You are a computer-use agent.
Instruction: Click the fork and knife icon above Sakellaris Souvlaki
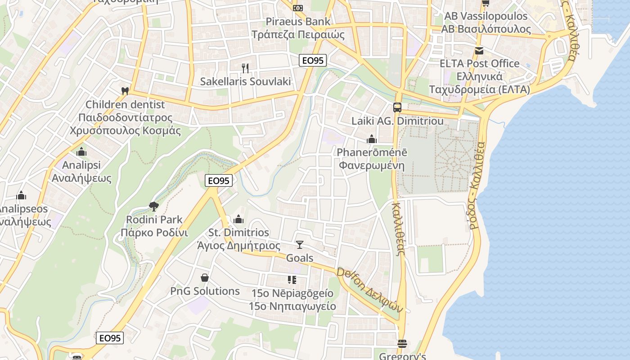point(245,68)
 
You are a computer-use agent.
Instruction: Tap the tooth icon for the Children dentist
point(125,90)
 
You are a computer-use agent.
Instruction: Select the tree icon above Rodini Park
point(154,207)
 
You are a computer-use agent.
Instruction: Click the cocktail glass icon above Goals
point(300,244)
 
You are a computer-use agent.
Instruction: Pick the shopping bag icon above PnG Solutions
point(205,278)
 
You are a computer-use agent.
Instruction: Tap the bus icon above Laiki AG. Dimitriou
point(397,107)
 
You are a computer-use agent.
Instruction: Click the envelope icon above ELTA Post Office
point(479,50)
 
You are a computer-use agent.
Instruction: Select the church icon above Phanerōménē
point(371,139)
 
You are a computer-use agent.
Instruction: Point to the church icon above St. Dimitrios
point(238,219)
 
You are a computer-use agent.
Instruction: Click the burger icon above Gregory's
point(402,343)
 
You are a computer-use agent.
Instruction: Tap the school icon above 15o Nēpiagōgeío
point(292,280)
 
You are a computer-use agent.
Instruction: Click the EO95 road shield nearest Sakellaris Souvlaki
point(313,60)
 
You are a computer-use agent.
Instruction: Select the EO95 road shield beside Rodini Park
point(218,180)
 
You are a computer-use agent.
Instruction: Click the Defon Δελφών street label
point(369,290)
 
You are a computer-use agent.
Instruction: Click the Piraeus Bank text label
point(298,21)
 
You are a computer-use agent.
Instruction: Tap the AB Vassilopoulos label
point(486,16)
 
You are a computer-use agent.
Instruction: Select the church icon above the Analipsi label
point(81,152)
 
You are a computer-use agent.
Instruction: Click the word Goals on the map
point(300,258)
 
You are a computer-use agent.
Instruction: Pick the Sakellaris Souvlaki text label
point(245,81)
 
